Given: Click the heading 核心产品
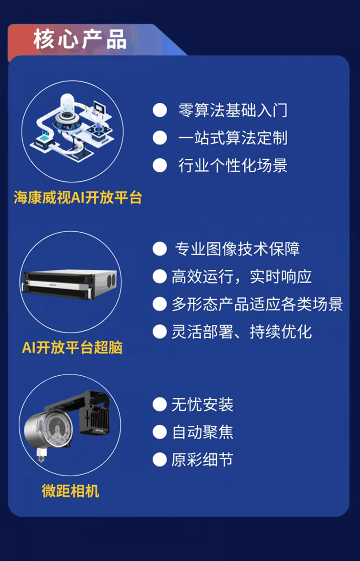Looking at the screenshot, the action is [80, 39].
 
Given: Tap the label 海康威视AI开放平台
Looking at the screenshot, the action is [78, 198].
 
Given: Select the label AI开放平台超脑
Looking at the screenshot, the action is [72, 347].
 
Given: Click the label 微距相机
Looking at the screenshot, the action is [70, 491].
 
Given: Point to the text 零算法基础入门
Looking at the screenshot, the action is [233, 110].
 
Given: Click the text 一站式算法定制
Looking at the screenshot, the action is [233, 138].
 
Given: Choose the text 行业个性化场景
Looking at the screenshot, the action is [233, 165].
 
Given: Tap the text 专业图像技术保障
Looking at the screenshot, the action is [237, 249].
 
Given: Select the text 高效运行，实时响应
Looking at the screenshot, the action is [241, 276].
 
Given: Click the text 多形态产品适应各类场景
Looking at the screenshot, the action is [257, 304].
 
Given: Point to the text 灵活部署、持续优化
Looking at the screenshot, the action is [241, 332].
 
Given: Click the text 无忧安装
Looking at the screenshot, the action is [202, 405].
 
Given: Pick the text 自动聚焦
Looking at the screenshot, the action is [202, 432].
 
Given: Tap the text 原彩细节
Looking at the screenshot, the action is [202, 460].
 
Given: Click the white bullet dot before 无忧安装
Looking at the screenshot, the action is [160, 405].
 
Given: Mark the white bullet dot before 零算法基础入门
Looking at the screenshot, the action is [160, 110].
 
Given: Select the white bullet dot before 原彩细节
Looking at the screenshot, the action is [160, 460].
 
